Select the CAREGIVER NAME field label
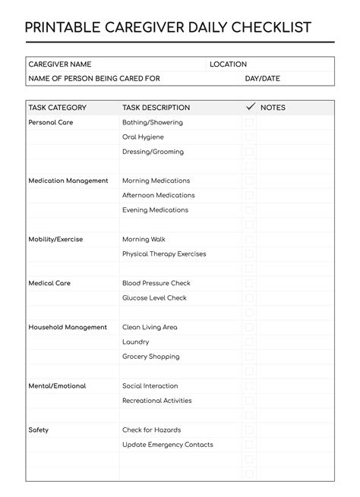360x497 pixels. [59, 64]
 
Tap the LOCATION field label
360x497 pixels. [229, 64]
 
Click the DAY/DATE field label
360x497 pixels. [262, 78]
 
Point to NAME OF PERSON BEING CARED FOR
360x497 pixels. [94, 78]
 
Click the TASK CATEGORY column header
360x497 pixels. [58, 108]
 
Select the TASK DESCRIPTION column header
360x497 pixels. [156, 108]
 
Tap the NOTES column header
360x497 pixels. [273, 108]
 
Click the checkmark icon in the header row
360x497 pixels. [250, 107]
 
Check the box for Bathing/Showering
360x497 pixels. [249, 122]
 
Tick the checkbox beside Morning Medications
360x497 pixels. [249, 181]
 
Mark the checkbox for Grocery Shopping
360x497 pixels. [249, 357]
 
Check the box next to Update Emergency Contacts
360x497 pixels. [249, 445]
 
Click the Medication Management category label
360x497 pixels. [68, 181]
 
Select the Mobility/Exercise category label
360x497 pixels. [55, 239]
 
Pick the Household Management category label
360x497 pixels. [68, 327]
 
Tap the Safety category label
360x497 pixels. [39, 430]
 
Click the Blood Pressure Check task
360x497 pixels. [156, 283]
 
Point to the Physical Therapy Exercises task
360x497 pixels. [164, 254]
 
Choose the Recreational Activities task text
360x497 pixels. [157, 401]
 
